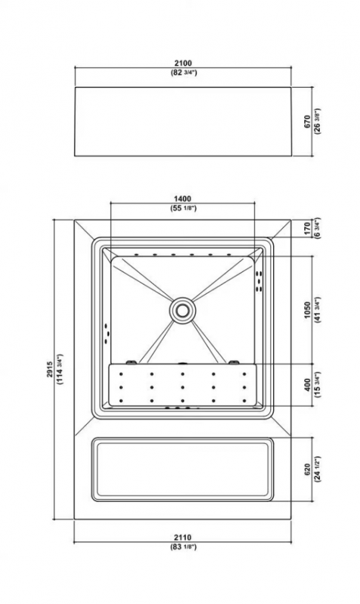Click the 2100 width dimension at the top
pos(183,63)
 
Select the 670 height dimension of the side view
pos(307,122)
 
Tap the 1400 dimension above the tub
pos(183,199)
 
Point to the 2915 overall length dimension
pos(50,369)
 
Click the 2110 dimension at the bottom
pos(183,537)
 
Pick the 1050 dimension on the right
pos(307,310)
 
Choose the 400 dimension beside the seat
pos(307,385)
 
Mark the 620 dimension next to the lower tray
pos(307,469)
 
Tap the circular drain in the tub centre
pos(182,309)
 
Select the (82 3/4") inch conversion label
pos(183,72)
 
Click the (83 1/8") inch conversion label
pos(183,546)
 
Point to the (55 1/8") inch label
pos(183,208)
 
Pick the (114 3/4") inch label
pos(60,369)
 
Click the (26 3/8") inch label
pos(317,122)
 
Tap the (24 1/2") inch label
pos(317,469)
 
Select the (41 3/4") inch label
pos(317,310)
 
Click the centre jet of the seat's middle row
pos(183,387)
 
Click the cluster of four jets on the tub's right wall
pos(260,281)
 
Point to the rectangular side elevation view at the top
pos(183,122)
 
